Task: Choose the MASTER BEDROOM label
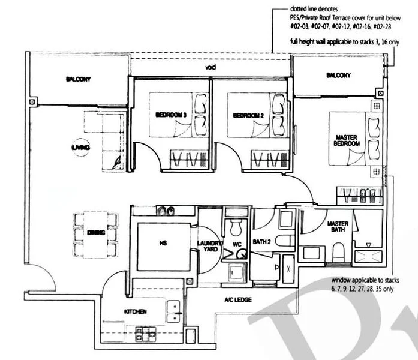(x=347, y=141)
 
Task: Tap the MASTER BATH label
(x=338, y=227)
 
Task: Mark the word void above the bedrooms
(x=210, y=67)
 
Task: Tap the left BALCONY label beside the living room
(x=78, y=79)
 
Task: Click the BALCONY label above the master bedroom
(x=338, y=75)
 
